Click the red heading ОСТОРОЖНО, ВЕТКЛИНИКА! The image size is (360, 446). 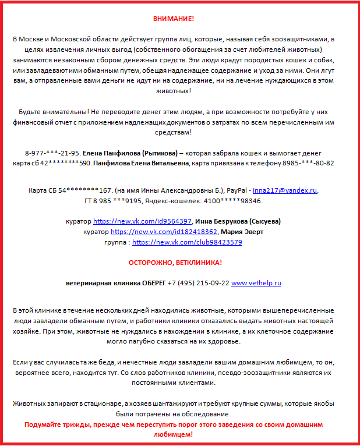click(x=175, y=263)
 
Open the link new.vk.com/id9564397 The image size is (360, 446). click(x=143, y=221)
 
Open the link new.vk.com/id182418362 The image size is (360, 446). click(x=147, y=231)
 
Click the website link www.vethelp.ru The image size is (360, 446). click(x=256, y=283)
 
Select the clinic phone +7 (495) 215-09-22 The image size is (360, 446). click(x=197, y=283)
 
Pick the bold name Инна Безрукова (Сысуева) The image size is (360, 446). click(x=238, y=221)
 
